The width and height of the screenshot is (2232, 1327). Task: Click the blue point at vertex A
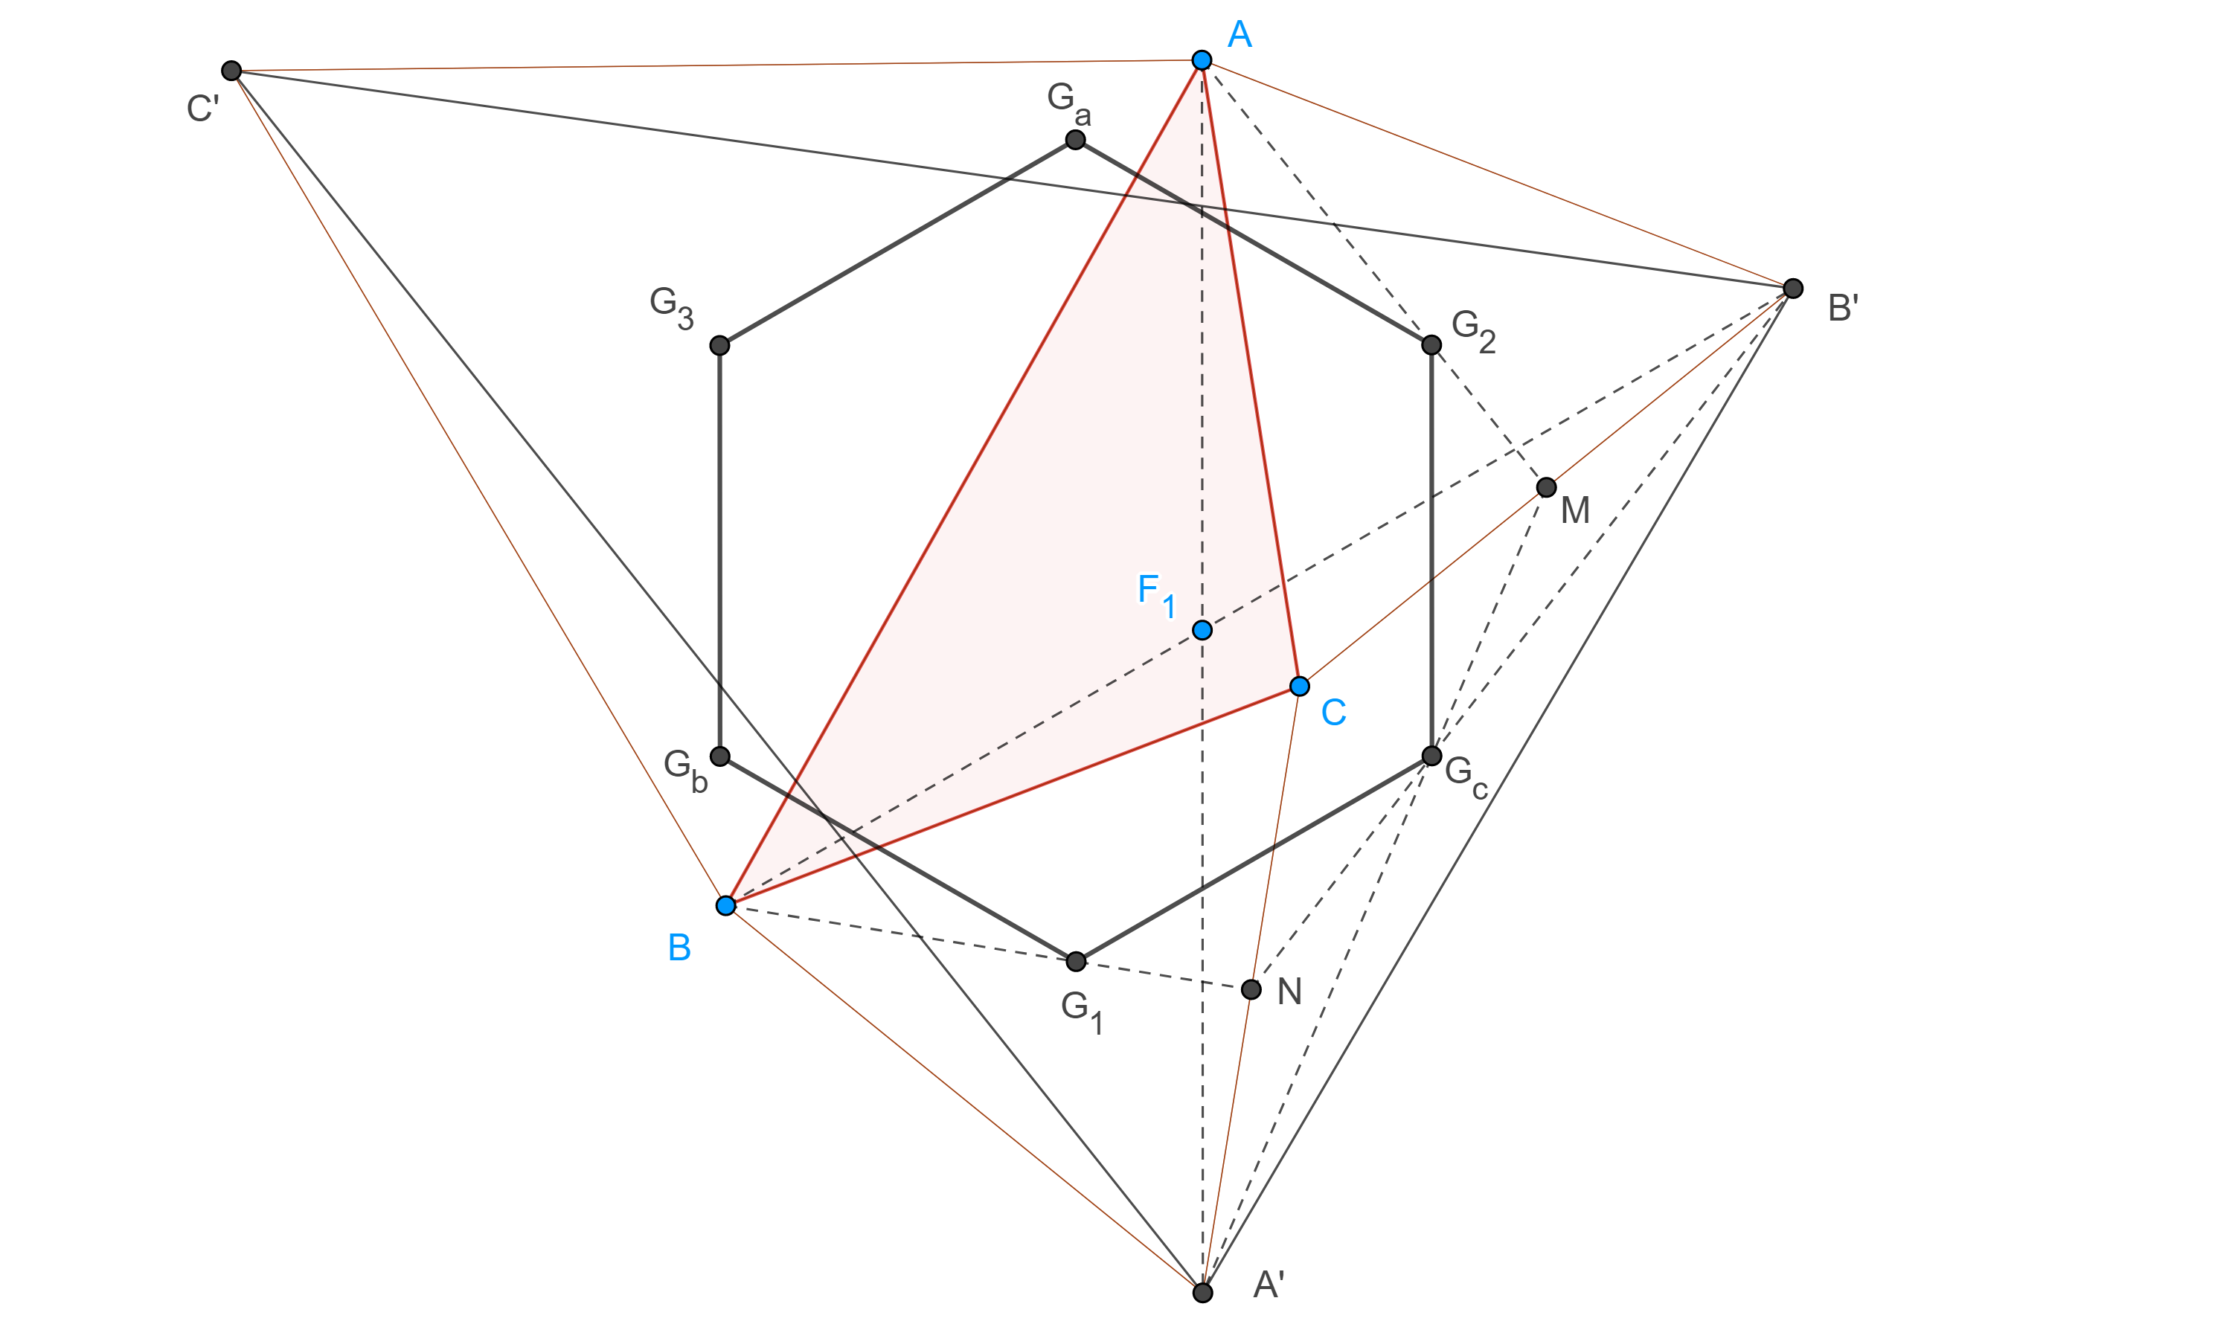pyautogui.click(x=1201, y=60)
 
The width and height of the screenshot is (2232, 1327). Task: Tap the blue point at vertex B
pyautogui.click(x=725, y=906)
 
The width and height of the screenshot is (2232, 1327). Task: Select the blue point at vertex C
pyautogui.click(x=1299, y=686)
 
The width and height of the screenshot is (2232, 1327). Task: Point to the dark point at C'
pyautogui.click(x=231, y=71)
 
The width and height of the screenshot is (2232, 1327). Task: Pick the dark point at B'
pyautogui.click(x=1793, y=288)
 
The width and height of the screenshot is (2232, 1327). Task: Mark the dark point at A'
pyautogui.click(x=1203, y=1292)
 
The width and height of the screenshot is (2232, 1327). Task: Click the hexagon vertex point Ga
pyautogui.click(x=1076, y=140)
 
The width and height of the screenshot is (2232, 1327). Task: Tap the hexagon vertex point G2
pyautogui.click(x=1431, y=345)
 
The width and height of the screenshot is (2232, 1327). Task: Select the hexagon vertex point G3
pyautogui.click(x=719, y=345)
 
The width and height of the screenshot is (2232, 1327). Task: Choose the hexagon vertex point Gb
pyautogui.click(x=720, y=756)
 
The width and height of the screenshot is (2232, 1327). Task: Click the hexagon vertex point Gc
pyautogui.click(x=1431, y=756)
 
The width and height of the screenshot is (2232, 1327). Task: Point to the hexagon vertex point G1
pyautogui.click(x=1076, y=961)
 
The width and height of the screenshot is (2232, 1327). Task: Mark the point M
pyautogui.click(x=1546, y=487)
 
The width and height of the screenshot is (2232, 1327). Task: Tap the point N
pyautogui.click(x=1251, y=989)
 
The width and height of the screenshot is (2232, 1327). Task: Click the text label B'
pyautogui.click(x=1843, y=309)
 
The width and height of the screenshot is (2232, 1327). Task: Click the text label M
pyautogui.click(x=1575, y=510)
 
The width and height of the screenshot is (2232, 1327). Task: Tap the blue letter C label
pyautogui.click(x=1333, y=713)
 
